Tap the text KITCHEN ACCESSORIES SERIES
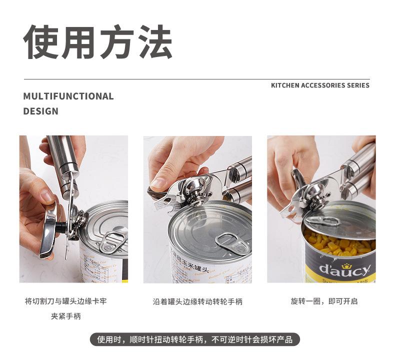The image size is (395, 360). [x=320, y=85]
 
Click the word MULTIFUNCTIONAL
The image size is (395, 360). [x=68, y=96]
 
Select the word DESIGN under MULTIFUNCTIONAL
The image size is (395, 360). [x=40, y=111]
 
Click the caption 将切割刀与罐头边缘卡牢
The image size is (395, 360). [x=65, y=301]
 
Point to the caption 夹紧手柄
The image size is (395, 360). [x=65, y=316]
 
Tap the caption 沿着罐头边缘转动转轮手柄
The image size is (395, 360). [x=197, y=302]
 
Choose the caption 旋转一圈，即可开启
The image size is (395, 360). [x=324, y=301]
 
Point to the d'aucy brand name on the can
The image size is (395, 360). [x=345, y=270]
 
